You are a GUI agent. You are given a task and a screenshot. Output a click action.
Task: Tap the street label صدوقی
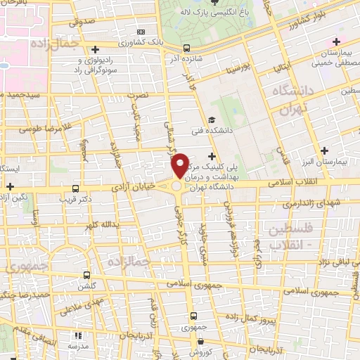click(x=82, y=22)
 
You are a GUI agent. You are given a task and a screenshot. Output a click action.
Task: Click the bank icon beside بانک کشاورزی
click(x=142, y=32)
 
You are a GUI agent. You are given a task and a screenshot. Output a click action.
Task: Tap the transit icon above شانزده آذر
click(x=186, y=48)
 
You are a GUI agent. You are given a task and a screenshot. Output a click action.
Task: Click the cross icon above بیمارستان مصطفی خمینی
click(x=337, y=41)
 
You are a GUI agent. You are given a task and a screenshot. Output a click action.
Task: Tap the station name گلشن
click(x=86, y=288)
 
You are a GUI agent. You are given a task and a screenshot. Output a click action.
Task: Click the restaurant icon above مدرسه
click(x=77, y=335)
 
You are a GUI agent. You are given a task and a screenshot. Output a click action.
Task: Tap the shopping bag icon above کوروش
click(x=196, y=344)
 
